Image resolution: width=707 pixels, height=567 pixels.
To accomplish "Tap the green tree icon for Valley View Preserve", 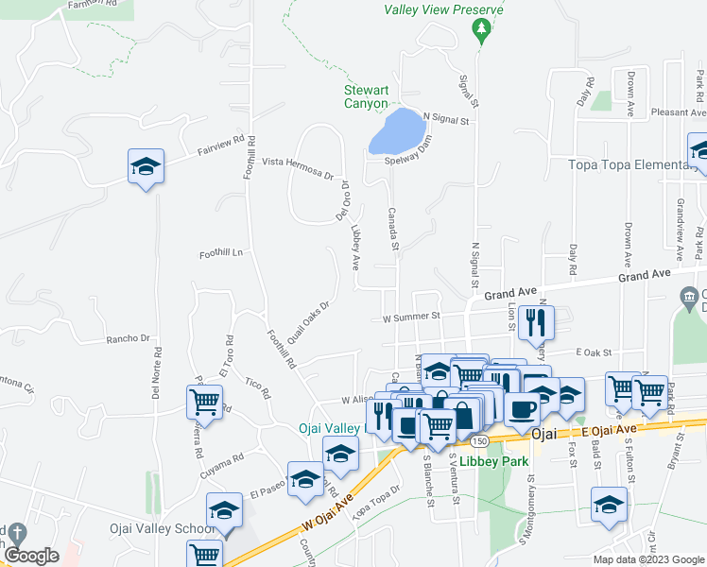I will (482, 32).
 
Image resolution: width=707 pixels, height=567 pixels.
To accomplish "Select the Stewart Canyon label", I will (366, 97).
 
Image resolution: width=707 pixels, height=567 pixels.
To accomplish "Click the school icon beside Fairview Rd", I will (146, 167).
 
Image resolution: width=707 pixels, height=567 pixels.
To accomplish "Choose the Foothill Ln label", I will (221, 253).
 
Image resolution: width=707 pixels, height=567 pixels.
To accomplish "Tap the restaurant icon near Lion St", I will (537, 322).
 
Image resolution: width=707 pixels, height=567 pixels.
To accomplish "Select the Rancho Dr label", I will (129, 337).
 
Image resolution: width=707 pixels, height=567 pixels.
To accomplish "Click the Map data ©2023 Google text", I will (647, 559).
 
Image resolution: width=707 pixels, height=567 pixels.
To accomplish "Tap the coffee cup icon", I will (522, 408).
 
